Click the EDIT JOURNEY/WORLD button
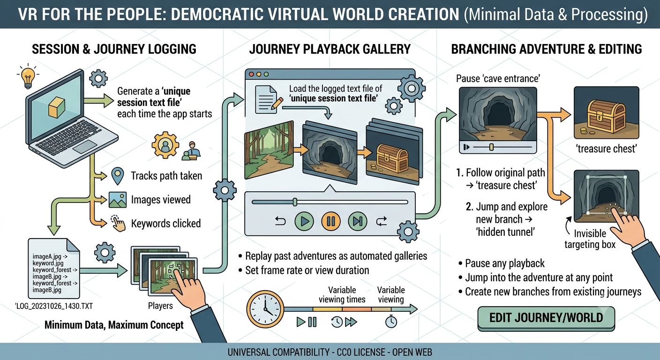click(546, 318)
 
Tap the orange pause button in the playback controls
click(331, 221)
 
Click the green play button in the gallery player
click(304, 221)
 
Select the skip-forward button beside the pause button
click(357, 221)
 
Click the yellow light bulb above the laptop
click(28, 77)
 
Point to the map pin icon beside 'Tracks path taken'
click(118, 176)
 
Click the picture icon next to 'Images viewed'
click(118, 200)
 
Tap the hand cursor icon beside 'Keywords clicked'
click(118, 224)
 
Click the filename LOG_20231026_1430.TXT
click(54, 306)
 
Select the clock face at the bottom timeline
click(265, 309)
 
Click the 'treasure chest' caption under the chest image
click(606, 149)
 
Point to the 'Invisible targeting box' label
click(590, 239)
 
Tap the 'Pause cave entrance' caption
click(498, 79)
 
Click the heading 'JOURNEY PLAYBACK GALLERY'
click(330, 49)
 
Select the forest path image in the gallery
click(269, 150)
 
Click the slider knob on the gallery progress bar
click(295, 202)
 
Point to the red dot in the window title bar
click(251, 74)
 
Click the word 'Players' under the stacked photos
click(160, 306)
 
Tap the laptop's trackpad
click(85, 147)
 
